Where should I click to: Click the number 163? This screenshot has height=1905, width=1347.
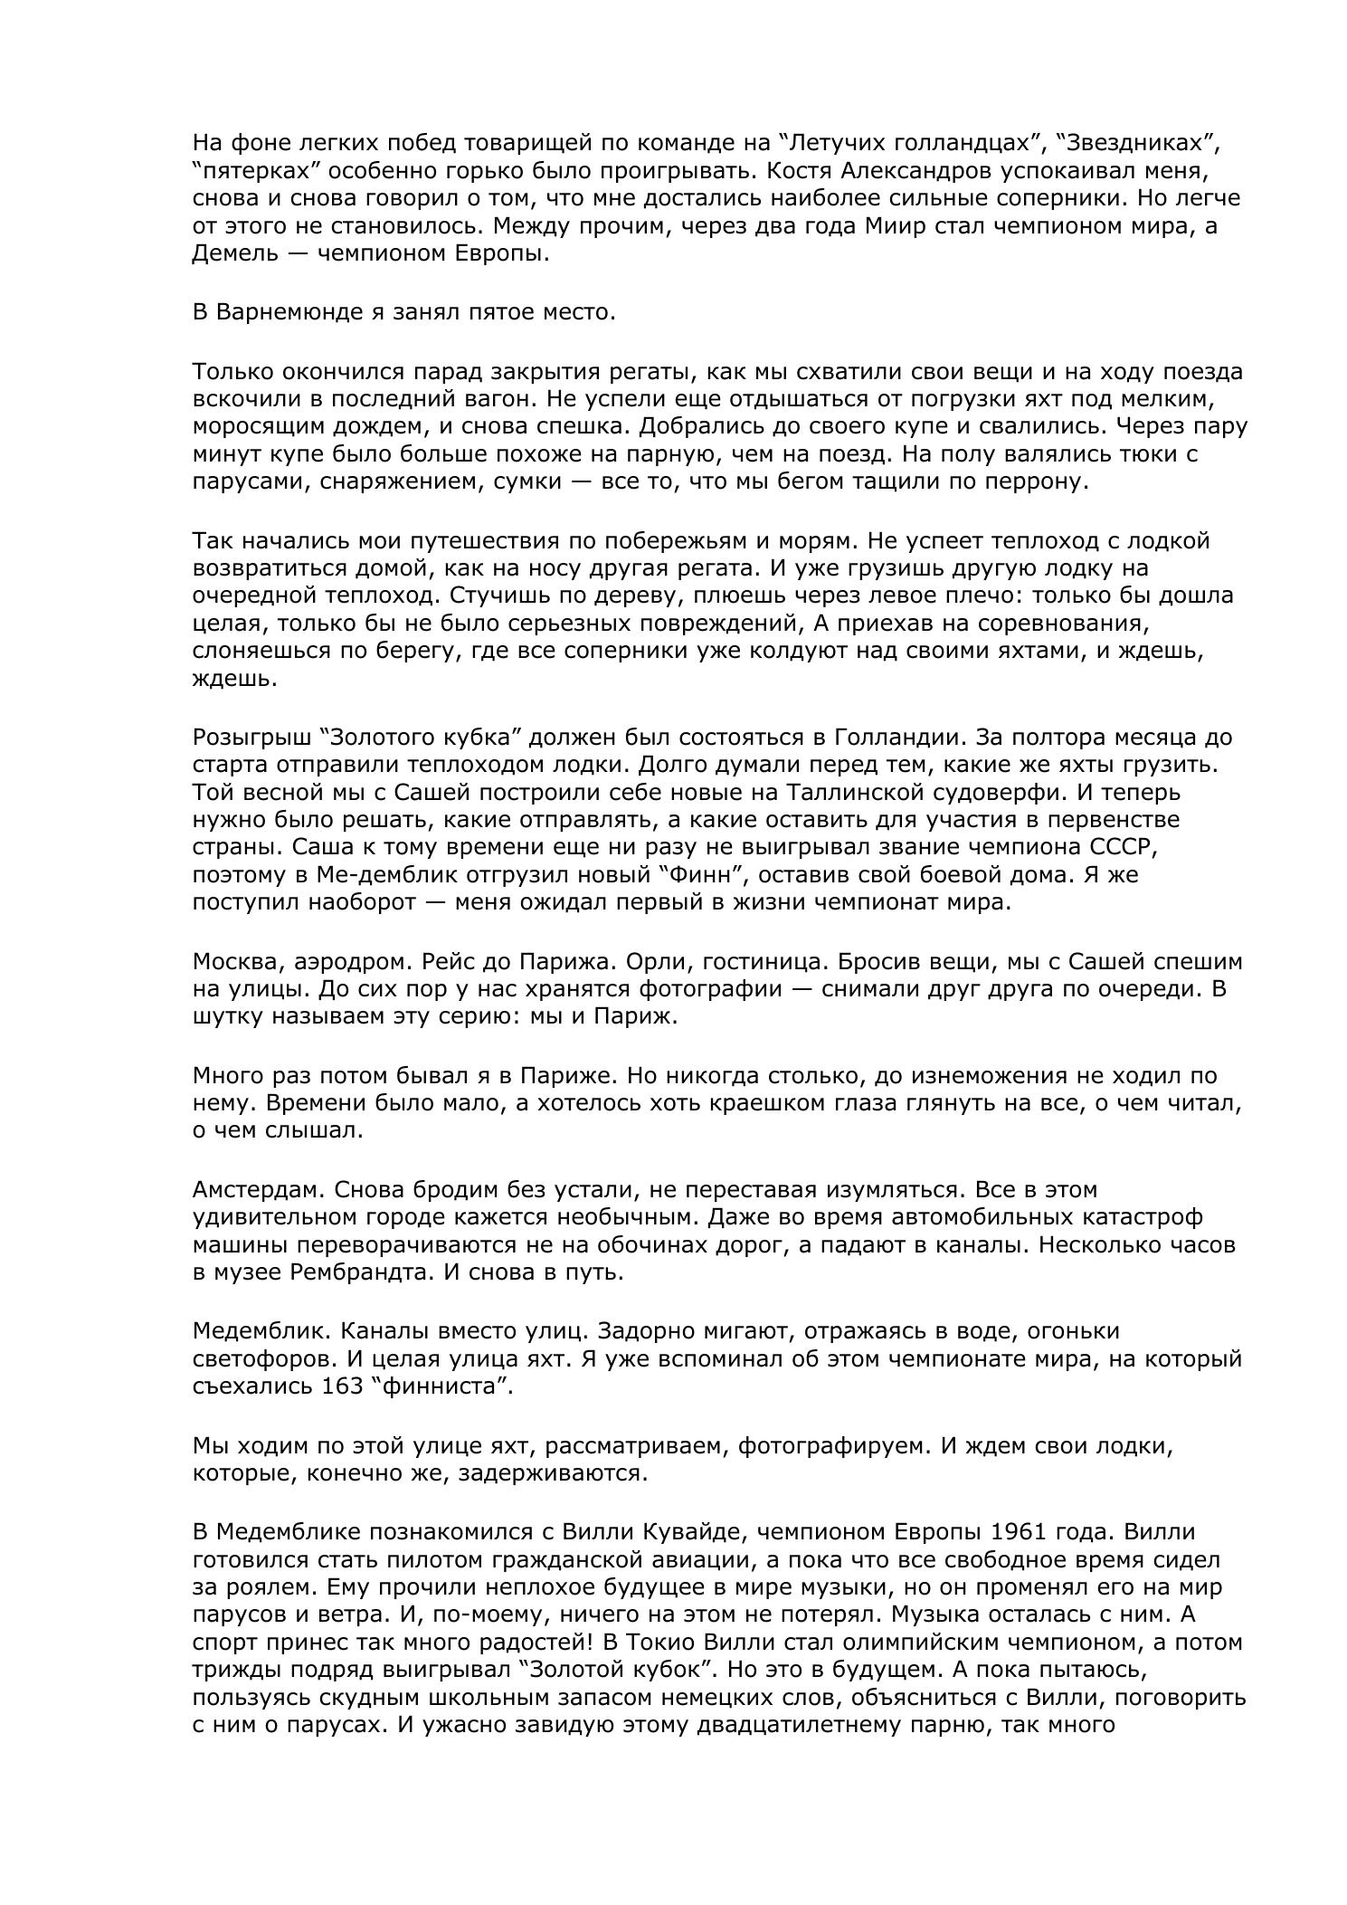pyautogui.click(x=342, y=1386)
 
